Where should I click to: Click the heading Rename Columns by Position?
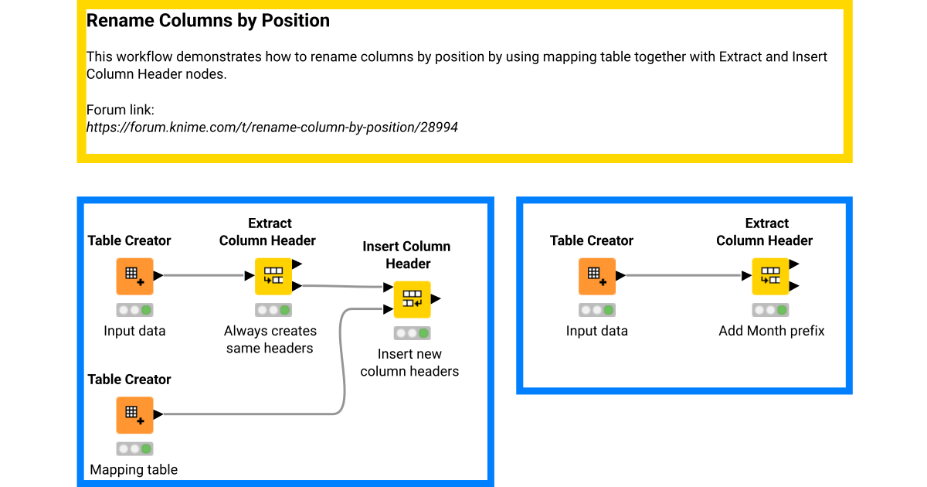click(x=208, y=21)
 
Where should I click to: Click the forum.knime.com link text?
click(x=272, y=127)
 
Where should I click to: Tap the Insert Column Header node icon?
click(x=413, y=299)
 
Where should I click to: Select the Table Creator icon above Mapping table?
click(x=135, y=415)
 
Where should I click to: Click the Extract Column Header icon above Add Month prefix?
click(x=771, y=276)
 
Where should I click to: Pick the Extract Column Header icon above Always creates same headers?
click(x=273, y=276)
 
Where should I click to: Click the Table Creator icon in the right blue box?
click(x=597, y=276)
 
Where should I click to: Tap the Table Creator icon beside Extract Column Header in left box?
click(x=135, y=276)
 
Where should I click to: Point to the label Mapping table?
click(x=134, y=469)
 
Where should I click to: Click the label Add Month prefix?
click(x=771, y=331)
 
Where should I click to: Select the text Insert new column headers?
click(x=409, y=363)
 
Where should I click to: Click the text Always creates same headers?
click(x=270, y=339)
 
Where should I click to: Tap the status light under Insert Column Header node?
click(x=413, y=333)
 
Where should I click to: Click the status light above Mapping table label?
click(x=135, y=448)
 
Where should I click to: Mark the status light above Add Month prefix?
click(x=771, y=310)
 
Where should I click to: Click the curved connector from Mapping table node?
click(x=342, y=363)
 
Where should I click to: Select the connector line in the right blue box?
click(x=684, y=275)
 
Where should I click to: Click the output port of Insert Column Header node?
click(x=436, y=299)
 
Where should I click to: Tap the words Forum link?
click(x=120, y=110)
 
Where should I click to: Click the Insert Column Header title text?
click(x=407, y=255)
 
